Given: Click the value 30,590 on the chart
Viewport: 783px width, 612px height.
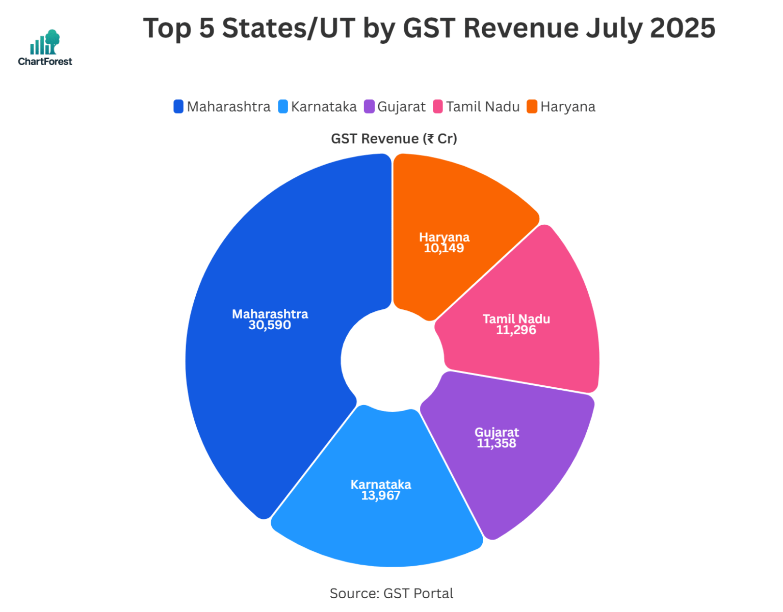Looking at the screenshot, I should pos(270,326).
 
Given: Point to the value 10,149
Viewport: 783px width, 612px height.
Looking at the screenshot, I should pos(444,249).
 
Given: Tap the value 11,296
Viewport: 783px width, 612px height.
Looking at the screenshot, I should pos(516,331).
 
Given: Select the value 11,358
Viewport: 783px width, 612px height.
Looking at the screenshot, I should pos(497,444).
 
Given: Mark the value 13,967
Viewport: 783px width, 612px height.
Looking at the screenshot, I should pos(381,496).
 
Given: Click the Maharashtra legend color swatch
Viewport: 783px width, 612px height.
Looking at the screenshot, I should pos(178,107).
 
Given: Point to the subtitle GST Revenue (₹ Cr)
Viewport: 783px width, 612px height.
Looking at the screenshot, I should pos(394,139).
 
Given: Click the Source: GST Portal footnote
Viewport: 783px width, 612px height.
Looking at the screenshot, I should pos(391,594).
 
